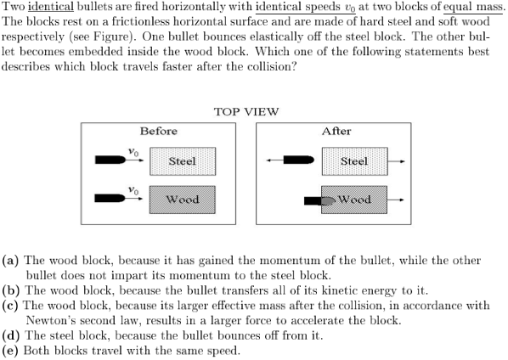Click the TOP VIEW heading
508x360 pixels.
246,112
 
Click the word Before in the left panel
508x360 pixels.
158,131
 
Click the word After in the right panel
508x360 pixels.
336,131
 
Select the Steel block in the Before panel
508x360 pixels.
183,161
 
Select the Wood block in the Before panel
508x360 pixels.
183,200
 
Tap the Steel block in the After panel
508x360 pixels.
355,161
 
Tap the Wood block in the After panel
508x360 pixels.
354,200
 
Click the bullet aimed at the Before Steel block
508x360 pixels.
110,160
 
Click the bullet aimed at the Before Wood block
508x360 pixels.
110,198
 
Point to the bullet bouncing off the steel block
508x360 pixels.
299,160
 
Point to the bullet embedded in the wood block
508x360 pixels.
319,201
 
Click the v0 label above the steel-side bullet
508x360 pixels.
133,151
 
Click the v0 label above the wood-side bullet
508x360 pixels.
133,190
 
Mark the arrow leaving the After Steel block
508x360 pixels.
396,161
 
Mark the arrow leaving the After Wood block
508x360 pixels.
396,200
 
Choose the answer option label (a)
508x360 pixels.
10,261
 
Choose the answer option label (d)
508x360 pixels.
11,335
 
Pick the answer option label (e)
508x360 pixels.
10,351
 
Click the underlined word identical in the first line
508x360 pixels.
51,7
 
